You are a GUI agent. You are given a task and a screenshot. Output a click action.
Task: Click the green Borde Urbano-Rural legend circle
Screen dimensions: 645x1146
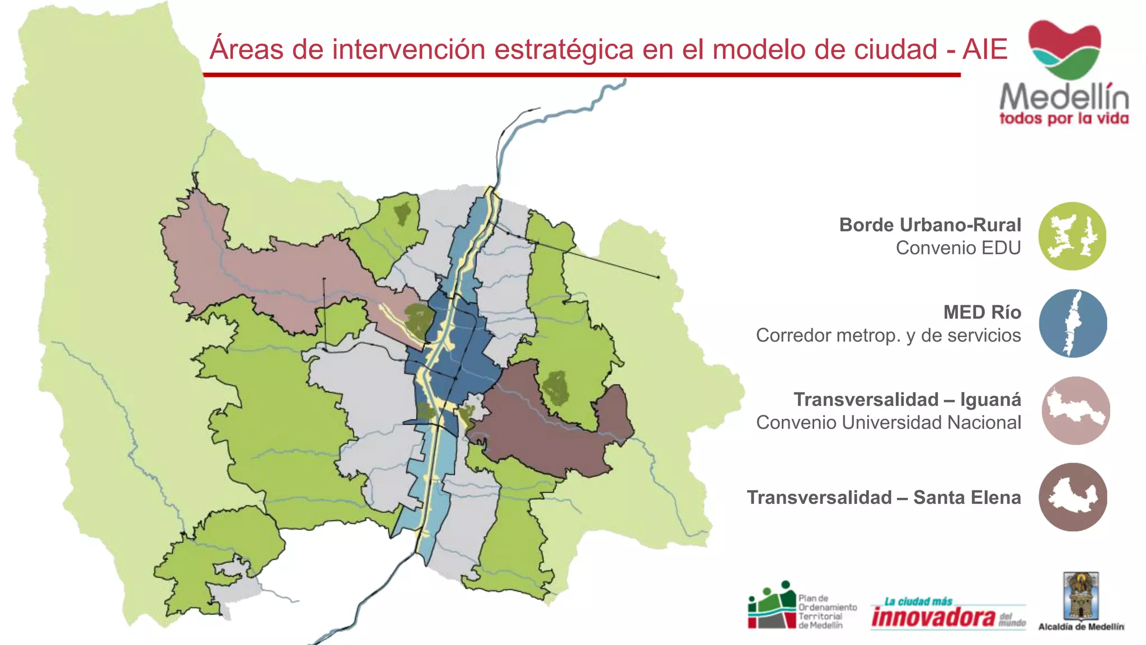(1072, 236)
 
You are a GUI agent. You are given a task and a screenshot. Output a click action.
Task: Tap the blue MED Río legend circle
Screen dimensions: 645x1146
(1073, 324)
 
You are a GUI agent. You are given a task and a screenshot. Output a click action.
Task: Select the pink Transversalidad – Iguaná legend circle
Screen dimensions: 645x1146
(1075, 410)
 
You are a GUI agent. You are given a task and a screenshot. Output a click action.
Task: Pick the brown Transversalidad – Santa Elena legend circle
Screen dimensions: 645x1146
(1073, 497)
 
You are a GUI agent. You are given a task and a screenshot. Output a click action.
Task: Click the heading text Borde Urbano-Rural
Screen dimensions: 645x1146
(930, 225)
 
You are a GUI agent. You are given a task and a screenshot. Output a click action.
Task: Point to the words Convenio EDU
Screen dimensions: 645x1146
(958, 248)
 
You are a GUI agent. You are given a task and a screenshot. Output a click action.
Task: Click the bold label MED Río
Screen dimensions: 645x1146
(982, 312)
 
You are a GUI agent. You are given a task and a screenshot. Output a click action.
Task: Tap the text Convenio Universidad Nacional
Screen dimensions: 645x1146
(889, 423)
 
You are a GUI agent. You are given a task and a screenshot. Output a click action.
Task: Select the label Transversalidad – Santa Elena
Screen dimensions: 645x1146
(884, 498)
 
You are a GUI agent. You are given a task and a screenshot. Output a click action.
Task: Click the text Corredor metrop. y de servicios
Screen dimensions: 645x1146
(888, 335)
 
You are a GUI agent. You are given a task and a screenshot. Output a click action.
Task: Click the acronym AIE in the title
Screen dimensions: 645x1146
(985, 49)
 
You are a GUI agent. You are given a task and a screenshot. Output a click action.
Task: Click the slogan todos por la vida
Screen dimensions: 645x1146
(1064, 119)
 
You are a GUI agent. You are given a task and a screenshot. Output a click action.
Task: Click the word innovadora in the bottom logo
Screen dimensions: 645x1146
(933, 617)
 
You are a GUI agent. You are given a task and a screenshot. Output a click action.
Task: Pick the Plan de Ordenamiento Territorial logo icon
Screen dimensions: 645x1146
(772, 606)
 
